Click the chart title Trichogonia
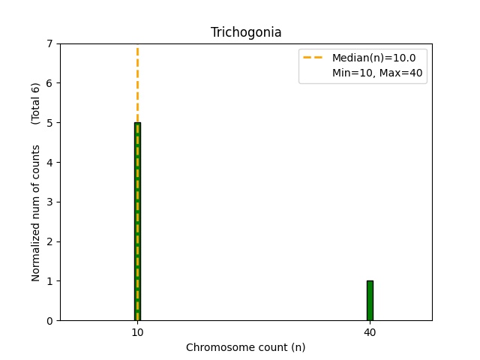coord(246,32)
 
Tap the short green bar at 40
coord(370,301)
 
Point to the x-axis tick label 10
coord(137,332)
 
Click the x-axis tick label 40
coord(370,332)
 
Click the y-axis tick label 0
coord(50,321)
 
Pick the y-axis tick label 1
coord(50,281)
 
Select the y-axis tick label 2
coord(50,241)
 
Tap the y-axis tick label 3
coord(50,202)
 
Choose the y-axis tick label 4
coord(50,163)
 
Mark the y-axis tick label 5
coord(50,123)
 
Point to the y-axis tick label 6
coord(50,83)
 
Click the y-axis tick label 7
coord(50,43)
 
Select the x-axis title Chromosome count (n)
coord(246,347)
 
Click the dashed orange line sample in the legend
coord(314,57)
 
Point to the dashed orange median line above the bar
coord(137,82)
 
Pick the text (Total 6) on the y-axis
coord(36,103)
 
